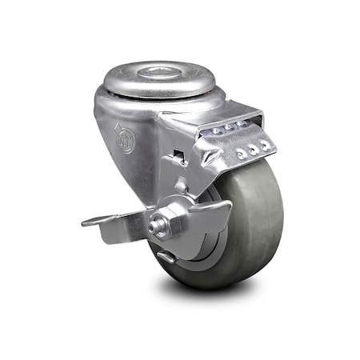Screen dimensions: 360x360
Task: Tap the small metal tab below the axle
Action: (x=166, y=256)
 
